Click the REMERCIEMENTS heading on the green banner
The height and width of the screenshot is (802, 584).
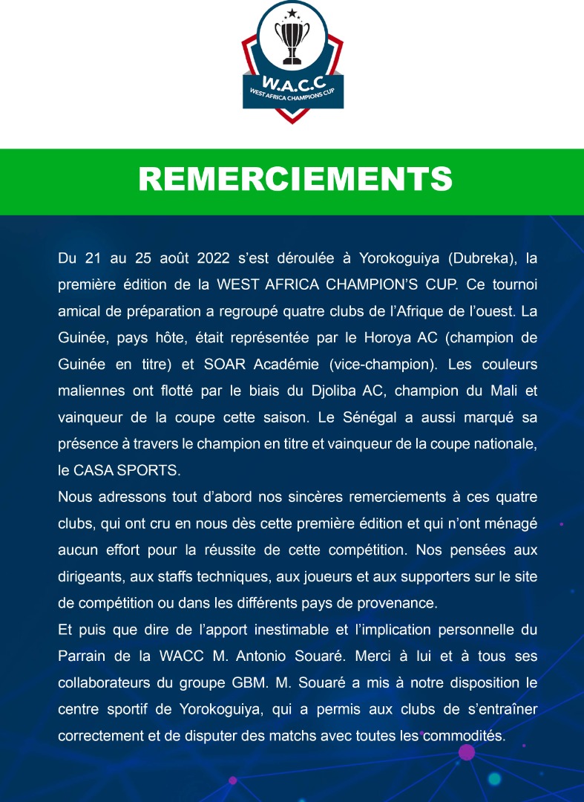coord(295,180)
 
